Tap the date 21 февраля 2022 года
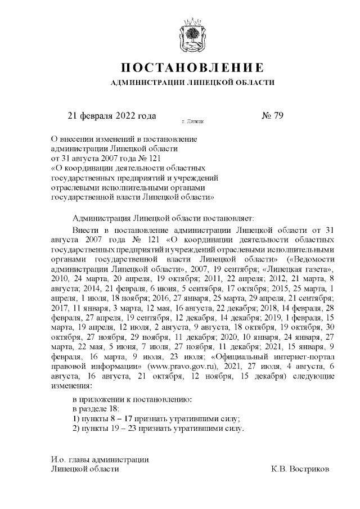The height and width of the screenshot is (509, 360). (111, 116)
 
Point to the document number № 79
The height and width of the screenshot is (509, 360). (273, 116)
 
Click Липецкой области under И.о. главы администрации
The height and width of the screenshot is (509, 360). (85, 469)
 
